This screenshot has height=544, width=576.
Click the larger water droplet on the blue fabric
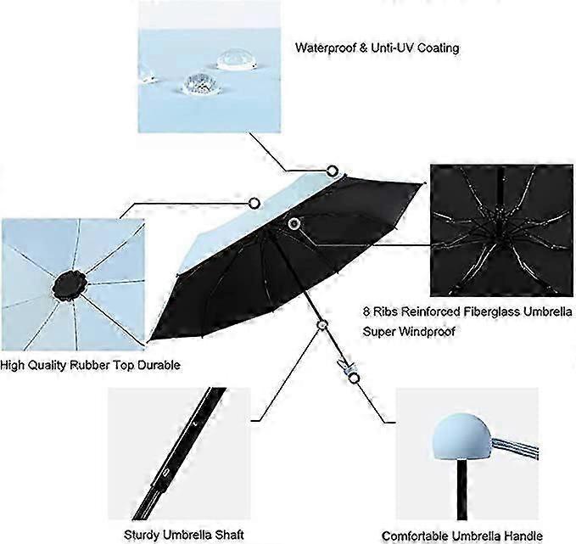pyautogui.click(x=234, y=60)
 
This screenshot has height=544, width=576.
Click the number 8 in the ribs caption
pyautogui.click(x=366, y=311)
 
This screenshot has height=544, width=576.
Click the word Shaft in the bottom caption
pyautogui.click(x=230, y=534)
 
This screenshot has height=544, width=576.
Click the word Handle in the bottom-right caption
pyautogui.click(x=524, y=536)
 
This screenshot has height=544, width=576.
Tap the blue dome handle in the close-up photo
pyautogui.click(x=461, y=437)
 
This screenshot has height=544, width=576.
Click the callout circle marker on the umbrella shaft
pyautogui.click(x=322, y=324)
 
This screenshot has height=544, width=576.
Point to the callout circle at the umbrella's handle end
pyautogui.click(x=354, y=379)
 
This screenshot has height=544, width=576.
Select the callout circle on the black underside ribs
pyautogui.click(x=294, y=222)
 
